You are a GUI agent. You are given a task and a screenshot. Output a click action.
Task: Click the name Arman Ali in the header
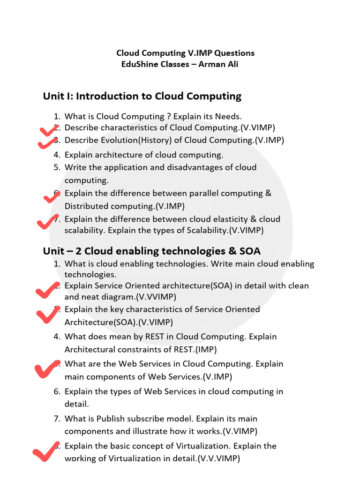point(218,64)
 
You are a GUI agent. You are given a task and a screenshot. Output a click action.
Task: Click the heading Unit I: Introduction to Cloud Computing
point(142,97)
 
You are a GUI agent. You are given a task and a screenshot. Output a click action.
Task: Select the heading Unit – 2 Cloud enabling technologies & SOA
point(151,251)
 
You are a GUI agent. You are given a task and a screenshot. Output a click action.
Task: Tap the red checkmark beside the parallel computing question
point(51,197)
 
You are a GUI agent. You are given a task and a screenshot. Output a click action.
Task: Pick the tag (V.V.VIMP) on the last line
point(218,459)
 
